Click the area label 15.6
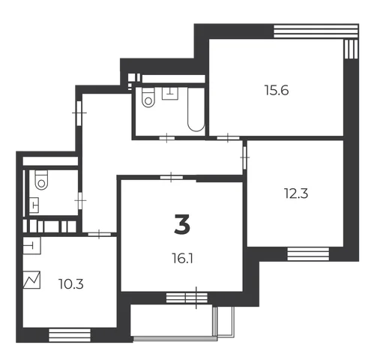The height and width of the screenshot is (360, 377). click(x=277, y=90)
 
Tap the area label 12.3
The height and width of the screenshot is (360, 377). click(x=296, y=193)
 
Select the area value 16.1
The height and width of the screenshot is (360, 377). click(x=182, y=258)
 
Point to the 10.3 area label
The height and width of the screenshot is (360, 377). click(x=71, y=284)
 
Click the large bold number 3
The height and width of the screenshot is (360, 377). click(x=182, y=225)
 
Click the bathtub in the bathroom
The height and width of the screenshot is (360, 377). click(x=196, y=109)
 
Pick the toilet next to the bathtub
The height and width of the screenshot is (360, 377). click(x=148, y=97)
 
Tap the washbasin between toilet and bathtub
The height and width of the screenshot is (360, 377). click(x=170, y=94)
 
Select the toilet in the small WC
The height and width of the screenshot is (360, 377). click(x=41, y=180)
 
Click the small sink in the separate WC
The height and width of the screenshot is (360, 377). click(x=34, y=205)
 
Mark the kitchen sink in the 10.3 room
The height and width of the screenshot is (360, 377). click(x=31, y=246)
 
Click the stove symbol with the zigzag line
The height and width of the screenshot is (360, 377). click(x=31, y=280)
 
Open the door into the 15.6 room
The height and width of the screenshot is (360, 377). click(x=228, y=138)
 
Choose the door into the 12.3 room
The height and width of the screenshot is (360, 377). click(x=244, y=157)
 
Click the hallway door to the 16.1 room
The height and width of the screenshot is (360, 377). click(x=172, y=177)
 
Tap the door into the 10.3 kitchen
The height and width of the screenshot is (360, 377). click(x=100, y=234)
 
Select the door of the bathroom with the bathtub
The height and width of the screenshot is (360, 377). click(x=167, y=138)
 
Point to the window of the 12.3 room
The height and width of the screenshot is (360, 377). click(x=308, y=254)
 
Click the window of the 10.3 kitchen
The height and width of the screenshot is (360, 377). click(x=70, y=335)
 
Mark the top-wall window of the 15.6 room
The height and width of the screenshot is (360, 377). click(x=316, y=31)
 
